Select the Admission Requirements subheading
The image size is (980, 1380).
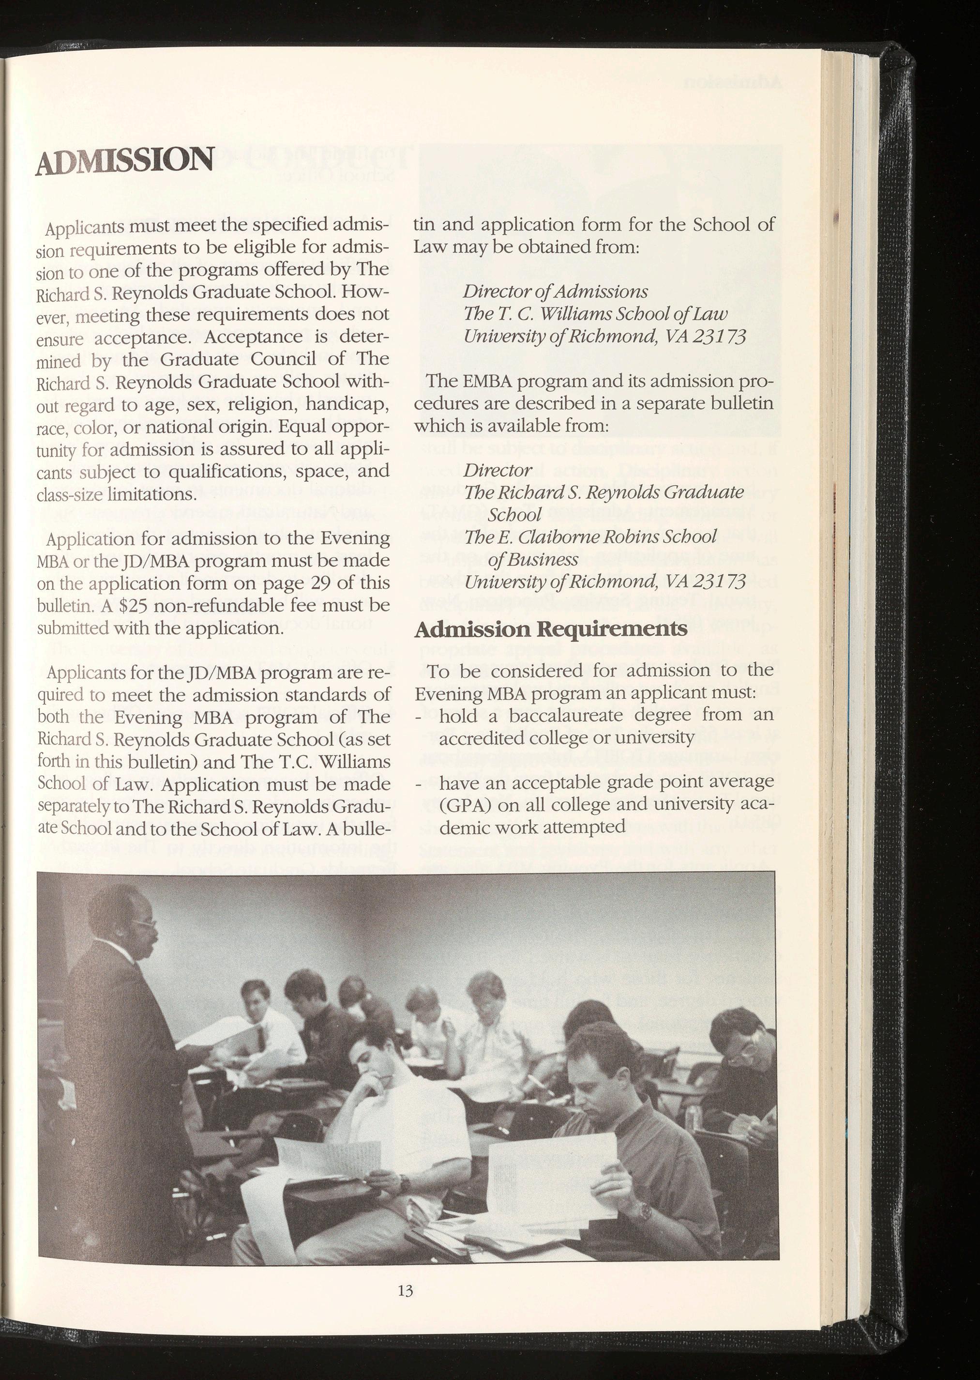point(550,629)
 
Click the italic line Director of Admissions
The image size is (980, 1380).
point(555,292)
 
